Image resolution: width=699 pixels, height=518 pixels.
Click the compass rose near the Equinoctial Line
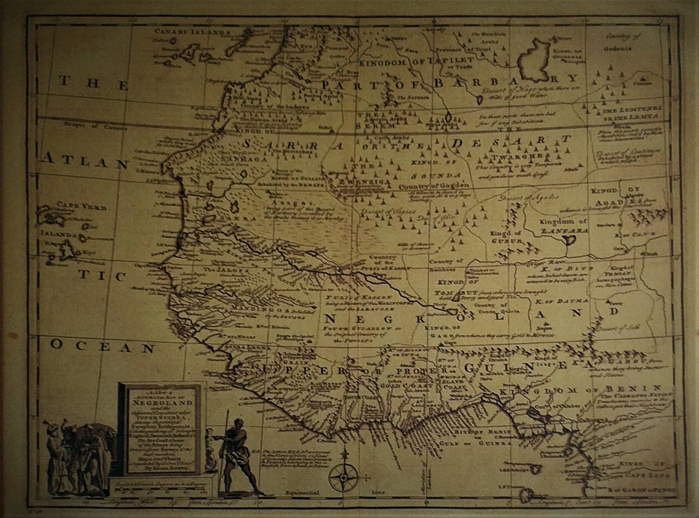[342, 477]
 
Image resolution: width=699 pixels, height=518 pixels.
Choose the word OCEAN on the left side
[104, 347]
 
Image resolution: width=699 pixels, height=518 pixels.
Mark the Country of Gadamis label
[620, 41]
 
